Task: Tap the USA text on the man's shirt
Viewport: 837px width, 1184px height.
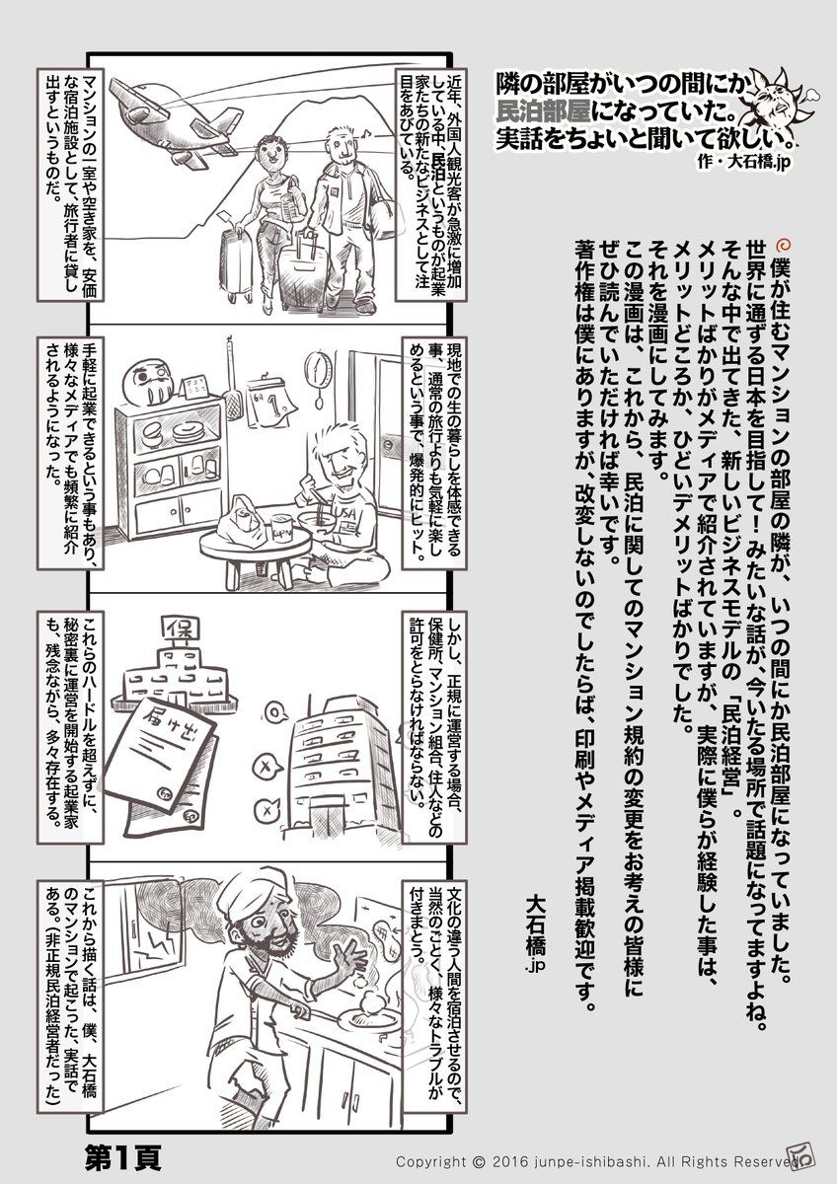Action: (344, 512)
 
